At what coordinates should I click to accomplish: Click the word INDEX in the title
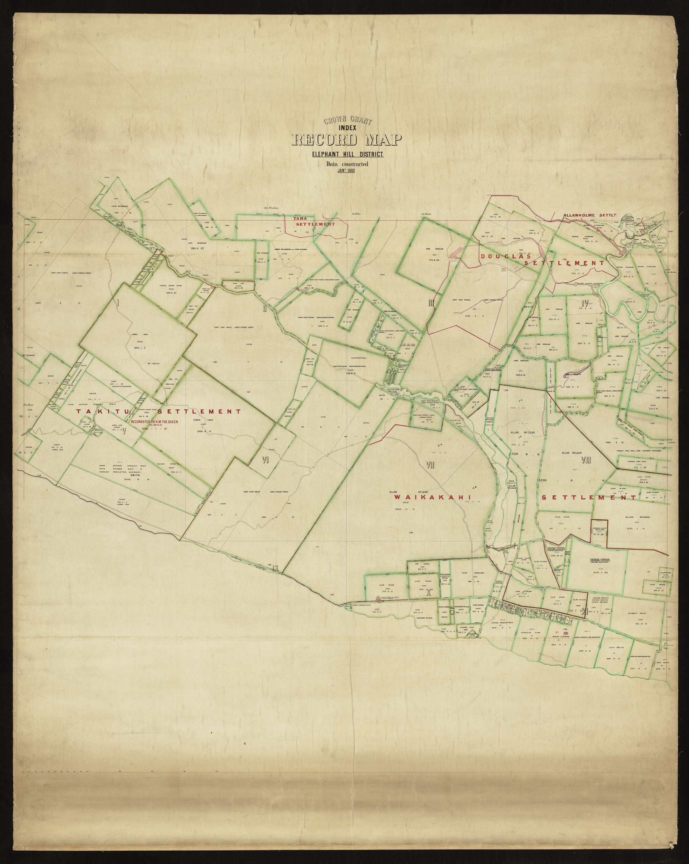[347, 128]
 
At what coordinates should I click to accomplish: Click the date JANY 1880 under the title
[347, 170]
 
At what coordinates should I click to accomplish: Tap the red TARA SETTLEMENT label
[314, 222]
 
